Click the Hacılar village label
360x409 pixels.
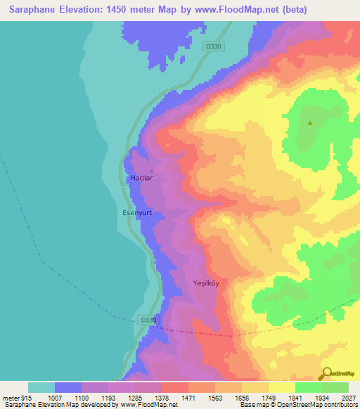click(x=141, y=178)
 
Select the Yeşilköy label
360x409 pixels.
click(x=207, y=283)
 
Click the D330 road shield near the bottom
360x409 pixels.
click(x=147, y=319)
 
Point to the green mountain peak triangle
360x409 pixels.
click(x=309, y=122)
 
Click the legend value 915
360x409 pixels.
click(x=26, y=398)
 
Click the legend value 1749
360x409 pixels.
click(x=267, y=398)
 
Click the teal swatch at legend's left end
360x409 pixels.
click(x=41, y=387)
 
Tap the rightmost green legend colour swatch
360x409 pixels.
click(x=335, y=387)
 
